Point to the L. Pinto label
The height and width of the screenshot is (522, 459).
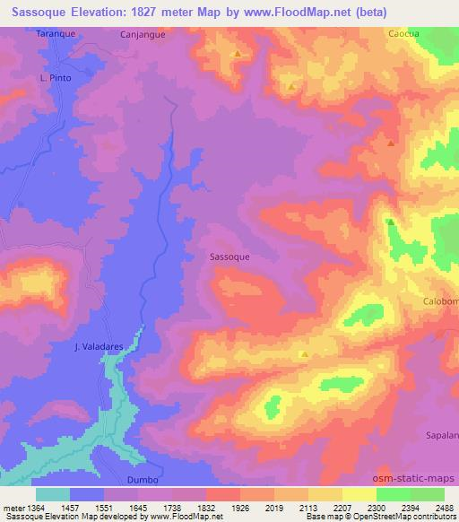point(55,78)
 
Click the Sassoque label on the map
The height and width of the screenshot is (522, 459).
point(229,257)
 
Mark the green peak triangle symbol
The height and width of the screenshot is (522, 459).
point(390,222)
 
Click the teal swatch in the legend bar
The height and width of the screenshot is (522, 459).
point(53,494)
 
